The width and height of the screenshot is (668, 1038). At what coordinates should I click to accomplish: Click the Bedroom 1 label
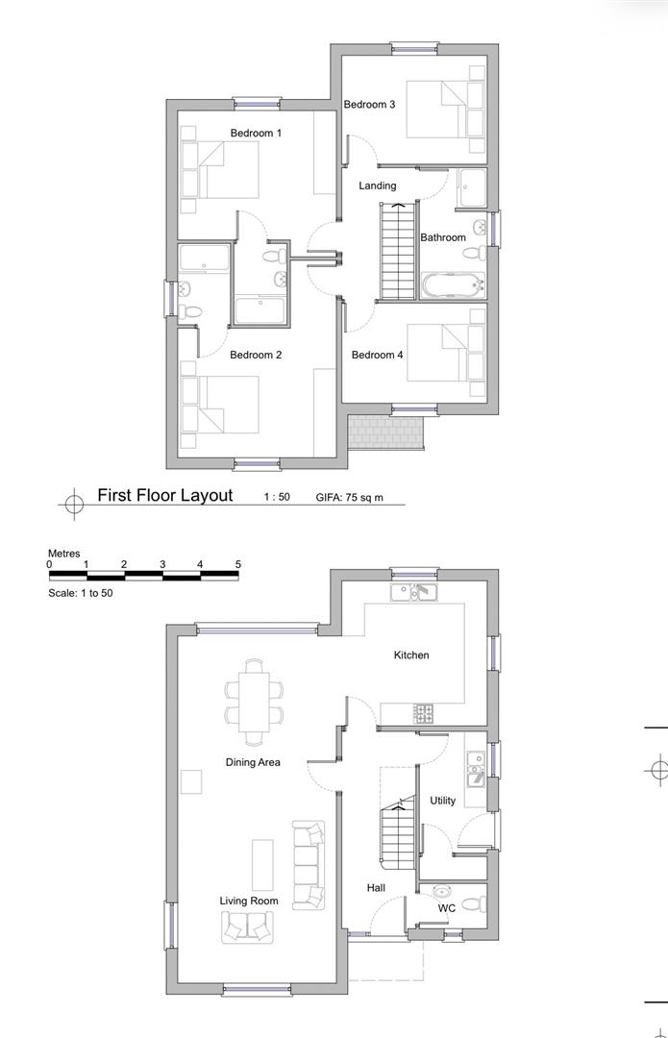click(256, 133)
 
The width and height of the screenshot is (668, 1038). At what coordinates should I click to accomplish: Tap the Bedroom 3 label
click(369, 104)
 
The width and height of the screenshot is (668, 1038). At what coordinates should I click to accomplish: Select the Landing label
click(378, 186)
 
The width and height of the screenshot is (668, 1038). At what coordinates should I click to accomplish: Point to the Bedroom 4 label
click(377, 355)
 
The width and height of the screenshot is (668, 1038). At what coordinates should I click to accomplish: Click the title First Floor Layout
click(165, 495)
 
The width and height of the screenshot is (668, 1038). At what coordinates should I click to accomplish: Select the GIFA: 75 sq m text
click(349, 497)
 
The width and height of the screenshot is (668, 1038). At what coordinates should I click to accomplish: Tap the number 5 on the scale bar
click(238, 565)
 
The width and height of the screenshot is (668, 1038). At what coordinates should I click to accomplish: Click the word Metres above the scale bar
click(63, 554)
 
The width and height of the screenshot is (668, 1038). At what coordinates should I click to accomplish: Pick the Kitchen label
click(411, 655)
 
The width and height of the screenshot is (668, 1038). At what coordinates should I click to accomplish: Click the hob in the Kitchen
click(423, 713)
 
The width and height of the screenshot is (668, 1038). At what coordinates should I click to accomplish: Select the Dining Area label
click(252, 762)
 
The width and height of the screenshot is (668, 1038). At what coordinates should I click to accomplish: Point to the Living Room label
click(249, 901)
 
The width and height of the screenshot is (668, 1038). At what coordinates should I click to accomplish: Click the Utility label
click(442, 801)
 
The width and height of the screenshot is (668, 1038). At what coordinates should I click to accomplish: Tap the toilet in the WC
click(474, 903)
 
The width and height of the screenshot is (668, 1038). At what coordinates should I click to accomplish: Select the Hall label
click(376, 888)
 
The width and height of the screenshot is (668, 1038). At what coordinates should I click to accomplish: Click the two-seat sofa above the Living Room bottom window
click(248, 927)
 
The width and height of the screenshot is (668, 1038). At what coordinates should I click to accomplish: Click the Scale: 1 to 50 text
click(80, 593)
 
